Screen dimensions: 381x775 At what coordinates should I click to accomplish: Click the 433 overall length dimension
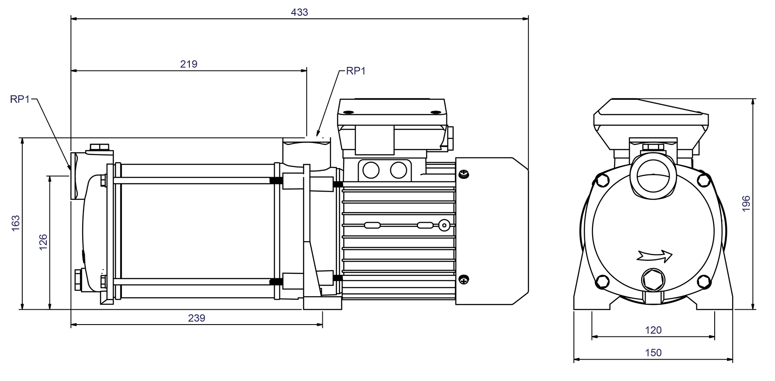click(x=299, y=12)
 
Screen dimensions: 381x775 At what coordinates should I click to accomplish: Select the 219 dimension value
click(x=189, y=64)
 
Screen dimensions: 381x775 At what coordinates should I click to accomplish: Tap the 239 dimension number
click(x=196, y=318)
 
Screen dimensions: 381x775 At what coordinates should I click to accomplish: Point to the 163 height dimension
click(x=16, y=223)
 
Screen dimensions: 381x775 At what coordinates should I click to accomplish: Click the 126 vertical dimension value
click(x=43, y=242)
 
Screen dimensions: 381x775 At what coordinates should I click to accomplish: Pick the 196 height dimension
click(x=746, y=204)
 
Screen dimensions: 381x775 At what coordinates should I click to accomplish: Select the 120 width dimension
click(x=653, y=330)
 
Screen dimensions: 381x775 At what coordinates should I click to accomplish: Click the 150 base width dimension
click(x=653, y=353)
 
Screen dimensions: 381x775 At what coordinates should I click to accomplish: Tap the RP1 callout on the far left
click(x=20, y=99)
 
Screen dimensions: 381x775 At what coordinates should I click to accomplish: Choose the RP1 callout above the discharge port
click(x=355, y=71)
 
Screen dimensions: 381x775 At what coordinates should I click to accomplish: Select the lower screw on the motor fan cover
click(x=464, y=279)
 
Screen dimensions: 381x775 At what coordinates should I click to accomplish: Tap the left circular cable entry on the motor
click(x=371, y=170)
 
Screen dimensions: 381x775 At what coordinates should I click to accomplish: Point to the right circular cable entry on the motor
click(x=398, y=170)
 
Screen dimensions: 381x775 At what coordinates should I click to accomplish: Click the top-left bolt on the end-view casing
click(x=602, y=179)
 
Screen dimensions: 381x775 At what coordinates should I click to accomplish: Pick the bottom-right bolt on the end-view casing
click(x=703, y=280)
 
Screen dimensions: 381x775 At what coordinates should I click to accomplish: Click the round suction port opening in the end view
click(x=652, y=180)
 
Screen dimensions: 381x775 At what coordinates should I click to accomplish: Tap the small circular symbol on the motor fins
click(x=444, y=226)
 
